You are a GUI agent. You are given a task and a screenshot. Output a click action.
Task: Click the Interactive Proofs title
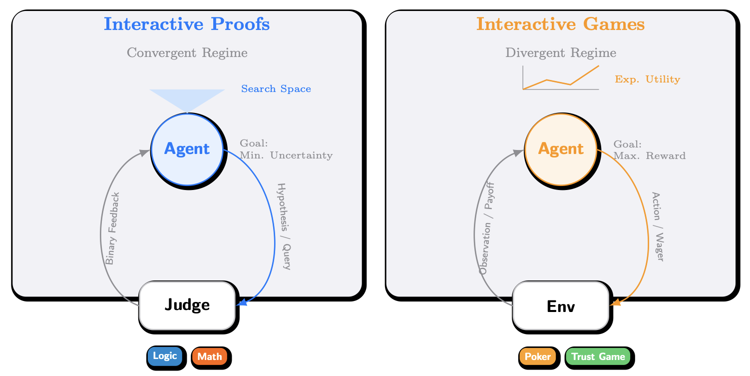[x=187, y=24]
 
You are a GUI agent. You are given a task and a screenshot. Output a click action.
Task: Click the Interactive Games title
[x=560, y=24]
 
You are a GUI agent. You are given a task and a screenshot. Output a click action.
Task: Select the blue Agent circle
[x=187, y=149]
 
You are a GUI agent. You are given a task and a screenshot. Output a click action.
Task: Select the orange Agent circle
[x=561, y=149]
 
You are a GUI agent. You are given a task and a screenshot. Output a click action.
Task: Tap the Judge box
[x=187, y=305]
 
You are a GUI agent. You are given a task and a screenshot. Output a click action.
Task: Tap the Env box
[x=561, y=306]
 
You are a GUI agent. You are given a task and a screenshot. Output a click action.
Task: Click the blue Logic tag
[x=165, y=356]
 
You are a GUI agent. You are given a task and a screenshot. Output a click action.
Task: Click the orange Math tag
[x=210, y=356]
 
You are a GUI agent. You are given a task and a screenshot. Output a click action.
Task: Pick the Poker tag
[x=538, y=356]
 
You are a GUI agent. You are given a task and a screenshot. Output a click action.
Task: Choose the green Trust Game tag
[x=598, y=356]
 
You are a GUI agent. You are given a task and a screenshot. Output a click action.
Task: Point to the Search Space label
[x=276, y=89]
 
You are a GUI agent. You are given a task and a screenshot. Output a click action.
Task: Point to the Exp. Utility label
[x=647, y=79]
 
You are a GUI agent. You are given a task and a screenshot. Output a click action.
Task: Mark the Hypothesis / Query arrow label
[x=284, y=226]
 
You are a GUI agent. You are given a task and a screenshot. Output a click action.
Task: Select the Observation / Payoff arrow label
[x=486, y=228]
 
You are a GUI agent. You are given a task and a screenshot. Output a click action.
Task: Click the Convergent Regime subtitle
[x=187, y=52]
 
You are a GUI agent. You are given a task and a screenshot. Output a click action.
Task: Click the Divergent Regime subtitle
[x=560, y=52]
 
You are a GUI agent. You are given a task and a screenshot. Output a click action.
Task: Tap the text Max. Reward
[x=649, y=155]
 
